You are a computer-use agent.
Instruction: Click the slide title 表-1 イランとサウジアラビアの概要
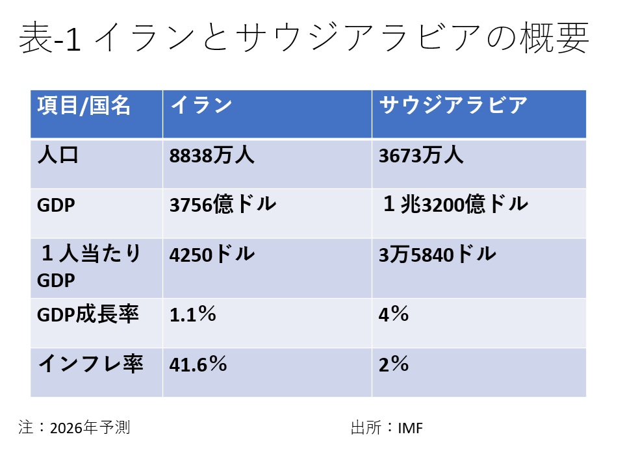pyautogui.click(x=304, y=39)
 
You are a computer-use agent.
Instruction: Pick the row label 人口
pyautogui.click(x=58, y=156)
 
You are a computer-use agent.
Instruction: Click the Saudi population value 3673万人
pyautogui.click(x=421, y=156)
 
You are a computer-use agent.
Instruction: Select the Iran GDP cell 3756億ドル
pyautogui.click(x=223, y=205)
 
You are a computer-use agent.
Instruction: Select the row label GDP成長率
pyautogui.click(x=88, y=315)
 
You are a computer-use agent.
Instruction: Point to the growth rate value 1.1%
pyautogui.click(x=192, y=315)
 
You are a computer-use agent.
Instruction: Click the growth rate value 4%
pyautogui.click(x=394, y=315)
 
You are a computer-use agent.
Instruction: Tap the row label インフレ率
pyautogui.click(x=90, y=364)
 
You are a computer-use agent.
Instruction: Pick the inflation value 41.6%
pyautogui.click(x=198, y=364)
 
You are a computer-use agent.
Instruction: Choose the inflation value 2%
pyautogui.click(x=394, y=364)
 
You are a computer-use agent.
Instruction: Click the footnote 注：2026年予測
pyautogui.click(x=75, y=428)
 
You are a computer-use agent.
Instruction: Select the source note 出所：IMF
pyautogui.click(x=387, y=428)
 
